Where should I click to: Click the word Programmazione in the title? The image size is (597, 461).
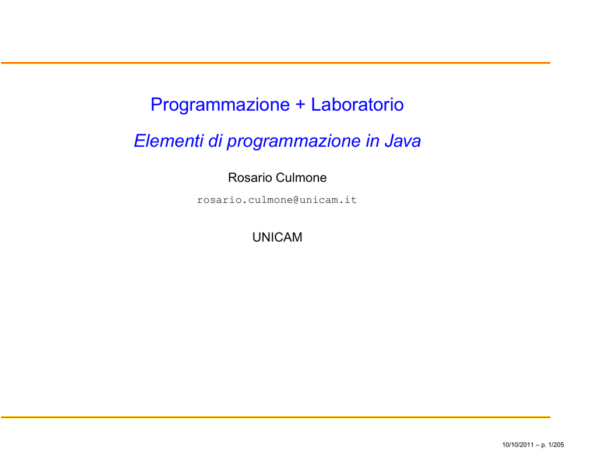click(x=220, y=105)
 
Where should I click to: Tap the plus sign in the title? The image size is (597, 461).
click(x=300, y=105)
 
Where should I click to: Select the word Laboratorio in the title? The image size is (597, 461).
click(x=357, y=104)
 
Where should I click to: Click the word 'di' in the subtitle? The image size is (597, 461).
click(x=215, y=140)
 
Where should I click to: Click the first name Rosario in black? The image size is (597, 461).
click(x=250, y=178)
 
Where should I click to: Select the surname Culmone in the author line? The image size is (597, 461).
click(x=301, y=178)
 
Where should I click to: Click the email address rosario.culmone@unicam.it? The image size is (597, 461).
click(x=277, y=200)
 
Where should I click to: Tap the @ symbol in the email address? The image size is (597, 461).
click(x=296, y=200)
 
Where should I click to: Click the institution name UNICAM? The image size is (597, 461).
click(x=277, y=237)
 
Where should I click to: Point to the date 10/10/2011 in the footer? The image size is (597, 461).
click(x=518, y=445)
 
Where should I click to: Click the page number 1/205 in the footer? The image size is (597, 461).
click(x=556, y=445)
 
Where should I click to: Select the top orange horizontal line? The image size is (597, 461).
click(x=276, y=63)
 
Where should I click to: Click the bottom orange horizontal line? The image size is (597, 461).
click(x=276, y=417)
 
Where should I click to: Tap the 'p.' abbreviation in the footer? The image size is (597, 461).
click(x=544, y=445)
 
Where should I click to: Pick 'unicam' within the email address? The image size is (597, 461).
click(x=318, y=200)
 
